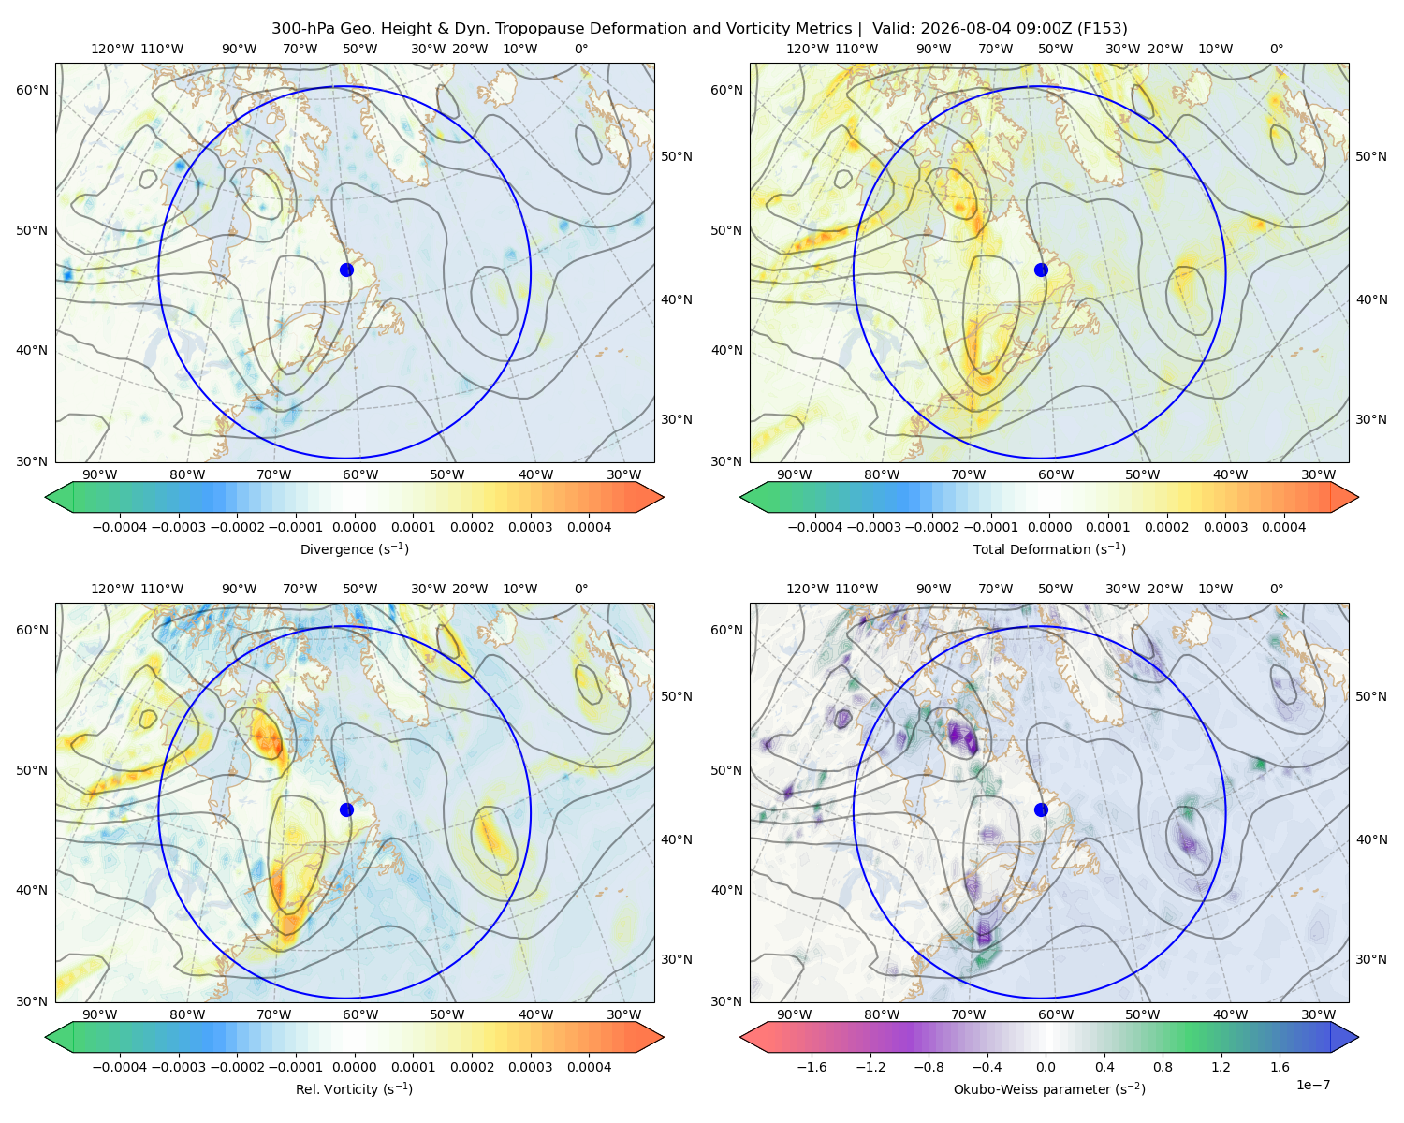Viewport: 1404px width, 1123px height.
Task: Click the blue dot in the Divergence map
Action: [x=346, y=270]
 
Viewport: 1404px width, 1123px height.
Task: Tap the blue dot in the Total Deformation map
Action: [x=1041, y=270]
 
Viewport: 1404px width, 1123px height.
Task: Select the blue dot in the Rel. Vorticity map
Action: [x=346, y=809]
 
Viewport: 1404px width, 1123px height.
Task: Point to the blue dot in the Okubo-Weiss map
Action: [x=1041, y=809]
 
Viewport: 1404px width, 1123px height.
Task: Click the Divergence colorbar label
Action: [x=354, y=548]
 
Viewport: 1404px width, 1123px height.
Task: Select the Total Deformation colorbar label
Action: [x=1049, y=548]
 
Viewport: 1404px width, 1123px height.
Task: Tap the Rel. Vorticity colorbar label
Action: [x=354, y=1088]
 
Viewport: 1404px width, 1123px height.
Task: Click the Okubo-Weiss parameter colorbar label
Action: [x=1049, y=1088]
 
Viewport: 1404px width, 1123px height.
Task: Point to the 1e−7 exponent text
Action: [x=1312, y=1085]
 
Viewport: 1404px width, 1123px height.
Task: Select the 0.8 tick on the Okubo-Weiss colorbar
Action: [x=1163, y=1066]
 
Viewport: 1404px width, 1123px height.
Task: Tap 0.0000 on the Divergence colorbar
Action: [x=354, y=527]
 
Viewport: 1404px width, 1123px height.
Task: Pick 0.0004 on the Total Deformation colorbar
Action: [x=1283, y=527]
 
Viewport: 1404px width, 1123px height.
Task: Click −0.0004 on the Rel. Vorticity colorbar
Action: [x=120, y=1066]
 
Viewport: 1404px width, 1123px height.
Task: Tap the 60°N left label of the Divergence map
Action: [x=32, y=90]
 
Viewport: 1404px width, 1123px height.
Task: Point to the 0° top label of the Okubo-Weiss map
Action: [x=1276, y=589]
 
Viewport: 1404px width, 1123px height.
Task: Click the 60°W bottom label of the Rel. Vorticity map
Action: [x=360, y=1014]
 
